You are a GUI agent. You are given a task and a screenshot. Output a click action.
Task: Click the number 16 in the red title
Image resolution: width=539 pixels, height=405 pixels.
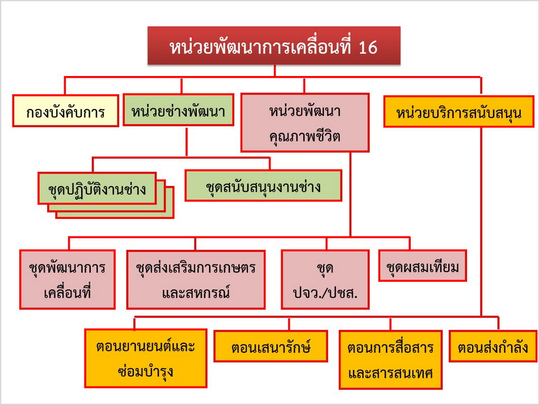368,47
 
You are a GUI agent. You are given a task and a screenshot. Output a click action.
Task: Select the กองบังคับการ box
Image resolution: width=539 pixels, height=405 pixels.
66,111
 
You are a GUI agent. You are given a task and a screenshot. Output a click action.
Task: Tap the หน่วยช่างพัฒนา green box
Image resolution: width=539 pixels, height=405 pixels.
178,110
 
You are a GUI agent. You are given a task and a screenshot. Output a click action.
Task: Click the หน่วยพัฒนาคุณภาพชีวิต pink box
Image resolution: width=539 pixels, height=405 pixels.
305,123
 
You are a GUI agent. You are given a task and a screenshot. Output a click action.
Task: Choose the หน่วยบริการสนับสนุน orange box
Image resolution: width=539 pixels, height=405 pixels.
458,112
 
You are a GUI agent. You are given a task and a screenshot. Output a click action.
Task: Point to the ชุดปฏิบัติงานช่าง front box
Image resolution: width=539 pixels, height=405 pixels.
97,188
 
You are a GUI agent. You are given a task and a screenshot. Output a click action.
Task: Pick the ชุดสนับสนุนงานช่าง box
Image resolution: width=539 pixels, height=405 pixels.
263,185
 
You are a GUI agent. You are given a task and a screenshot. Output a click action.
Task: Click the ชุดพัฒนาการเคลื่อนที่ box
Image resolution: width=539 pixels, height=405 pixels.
68,280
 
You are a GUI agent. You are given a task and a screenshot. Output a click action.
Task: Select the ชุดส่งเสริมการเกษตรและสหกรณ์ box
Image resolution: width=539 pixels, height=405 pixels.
196,280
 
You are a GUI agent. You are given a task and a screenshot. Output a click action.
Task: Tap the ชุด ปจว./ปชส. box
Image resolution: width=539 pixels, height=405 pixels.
325,280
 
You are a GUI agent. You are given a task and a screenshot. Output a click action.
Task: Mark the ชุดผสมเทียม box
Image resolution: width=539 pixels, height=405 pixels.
423,266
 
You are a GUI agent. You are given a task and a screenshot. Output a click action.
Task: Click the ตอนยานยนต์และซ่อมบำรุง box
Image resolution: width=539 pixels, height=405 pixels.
146,358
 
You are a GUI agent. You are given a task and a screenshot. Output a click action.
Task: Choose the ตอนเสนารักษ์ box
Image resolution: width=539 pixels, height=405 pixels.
271,346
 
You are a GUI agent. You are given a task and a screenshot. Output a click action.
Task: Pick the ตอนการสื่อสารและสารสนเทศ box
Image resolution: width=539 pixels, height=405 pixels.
390,360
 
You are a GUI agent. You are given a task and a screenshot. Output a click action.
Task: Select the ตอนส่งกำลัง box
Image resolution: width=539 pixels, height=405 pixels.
493,346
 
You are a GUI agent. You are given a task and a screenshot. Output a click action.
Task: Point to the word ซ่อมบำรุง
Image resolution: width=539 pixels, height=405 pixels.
145,372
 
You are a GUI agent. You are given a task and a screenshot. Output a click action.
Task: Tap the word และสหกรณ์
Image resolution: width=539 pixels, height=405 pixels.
196,293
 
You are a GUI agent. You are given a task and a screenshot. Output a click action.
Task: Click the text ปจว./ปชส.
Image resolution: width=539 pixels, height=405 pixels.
325,293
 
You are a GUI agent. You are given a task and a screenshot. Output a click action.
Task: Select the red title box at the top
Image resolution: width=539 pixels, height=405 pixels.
274,46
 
